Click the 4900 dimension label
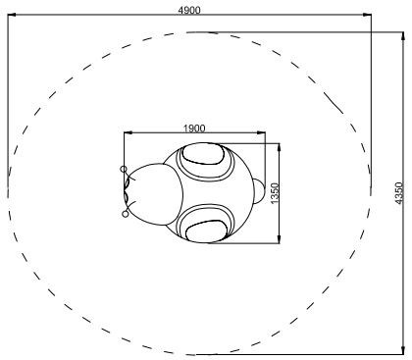(x=189, y=11)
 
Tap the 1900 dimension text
(x=194, y=129)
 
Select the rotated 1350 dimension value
(x=275, y=193)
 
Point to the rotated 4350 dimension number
(x=398, y=193)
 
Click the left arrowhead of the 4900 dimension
(x=12, y=15)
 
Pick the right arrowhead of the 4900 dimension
(x=367, y=15)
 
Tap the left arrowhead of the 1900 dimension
(x=128, y=132)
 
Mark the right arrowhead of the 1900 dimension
(x=262, y=132)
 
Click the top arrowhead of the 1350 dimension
(x=279, y=147)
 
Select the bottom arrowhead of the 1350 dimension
(x=279, y=239)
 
